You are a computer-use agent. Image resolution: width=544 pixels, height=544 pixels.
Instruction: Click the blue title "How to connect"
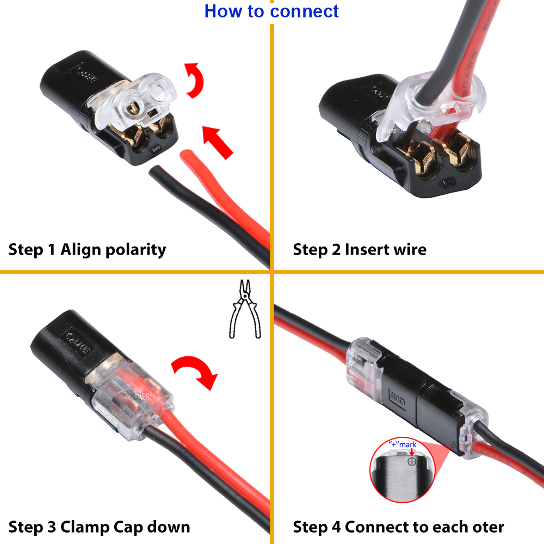pos(271,11)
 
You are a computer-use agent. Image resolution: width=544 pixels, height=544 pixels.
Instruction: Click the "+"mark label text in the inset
pos(402,444)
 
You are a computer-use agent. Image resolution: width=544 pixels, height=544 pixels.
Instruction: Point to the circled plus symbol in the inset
pos(412,461)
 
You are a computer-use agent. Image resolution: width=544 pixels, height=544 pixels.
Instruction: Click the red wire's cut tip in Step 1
pos(187,158)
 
